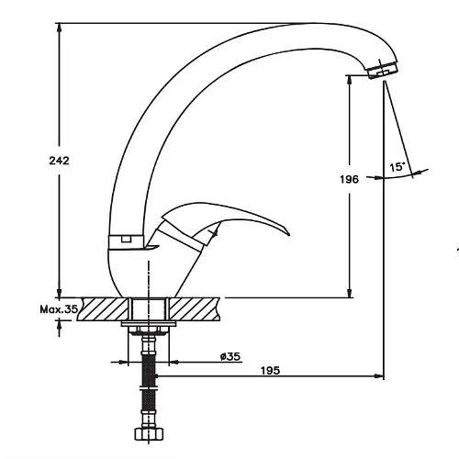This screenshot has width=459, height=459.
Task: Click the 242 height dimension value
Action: [60, 161]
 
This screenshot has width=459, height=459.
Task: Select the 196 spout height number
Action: [349, 179]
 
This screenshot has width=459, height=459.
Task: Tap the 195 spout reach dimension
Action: [271, 371]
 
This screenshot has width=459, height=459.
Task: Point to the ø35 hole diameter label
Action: [230, 356]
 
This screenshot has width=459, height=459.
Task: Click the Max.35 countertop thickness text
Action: [59, 309]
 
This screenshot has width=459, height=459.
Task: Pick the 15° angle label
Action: [397, 167]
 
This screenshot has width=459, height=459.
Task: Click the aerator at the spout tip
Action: [383, 70]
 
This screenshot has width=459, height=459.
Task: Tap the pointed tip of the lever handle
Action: [289, 235]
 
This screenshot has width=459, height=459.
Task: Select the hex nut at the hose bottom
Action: [149, 433]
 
